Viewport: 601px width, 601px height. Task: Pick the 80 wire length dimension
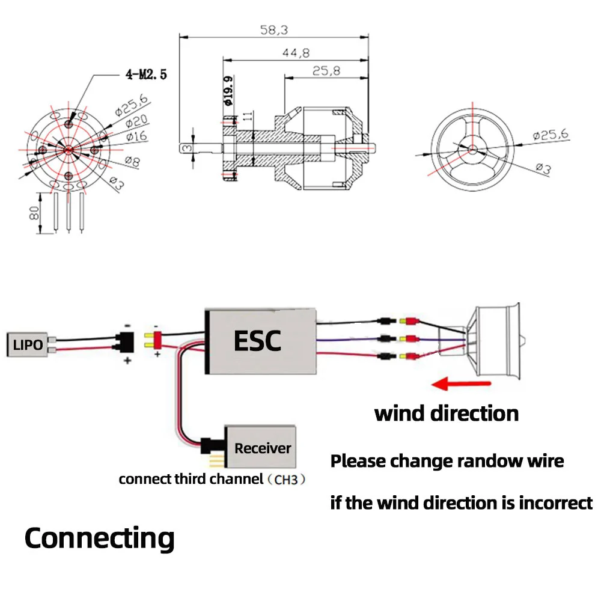[x=34, y=212]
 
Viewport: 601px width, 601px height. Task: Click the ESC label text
[x=257, y=341]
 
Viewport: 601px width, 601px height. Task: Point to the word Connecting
[x=99, y=538]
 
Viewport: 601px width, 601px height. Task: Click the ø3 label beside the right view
[x=543, y=169]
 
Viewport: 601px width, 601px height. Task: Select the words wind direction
[x=446, y=413]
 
